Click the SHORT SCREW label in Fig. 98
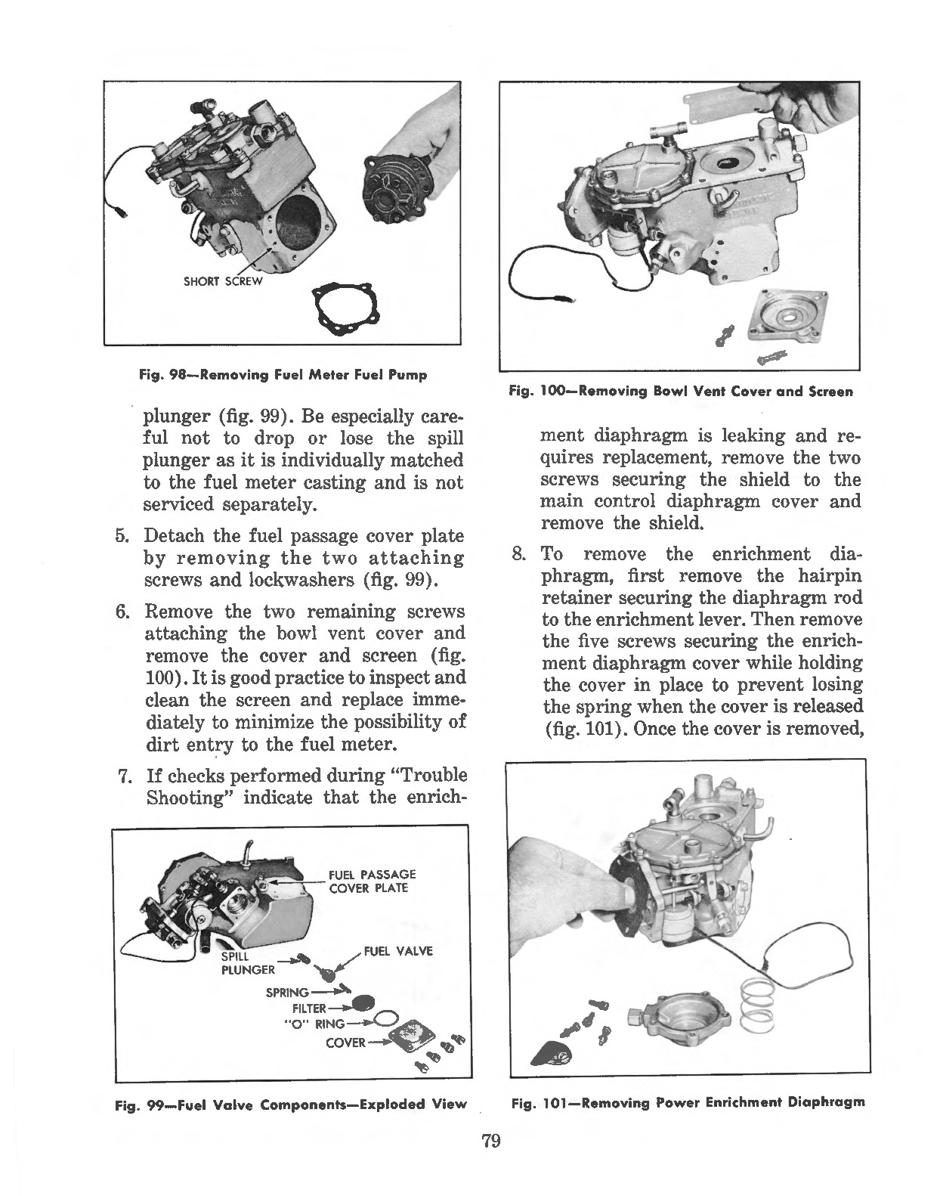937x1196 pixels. coord(223,282)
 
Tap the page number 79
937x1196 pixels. coord(491,1141)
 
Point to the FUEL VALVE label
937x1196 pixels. coord(398,951)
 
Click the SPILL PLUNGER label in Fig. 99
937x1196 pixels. coord(247,963)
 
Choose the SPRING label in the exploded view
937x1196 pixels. coord(287,992)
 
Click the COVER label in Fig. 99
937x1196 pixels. coord(345,1043)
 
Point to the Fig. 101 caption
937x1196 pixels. coord(688,1102)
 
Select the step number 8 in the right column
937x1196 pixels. coord(518,554)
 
